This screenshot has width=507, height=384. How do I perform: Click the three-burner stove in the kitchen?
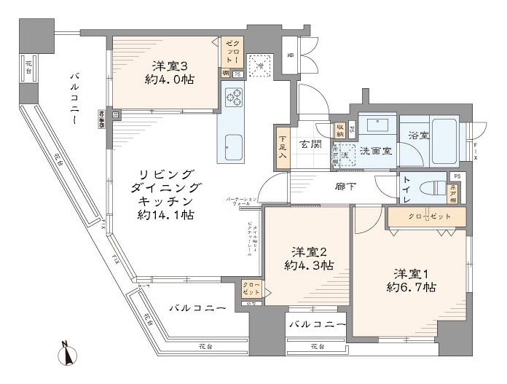235,98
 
